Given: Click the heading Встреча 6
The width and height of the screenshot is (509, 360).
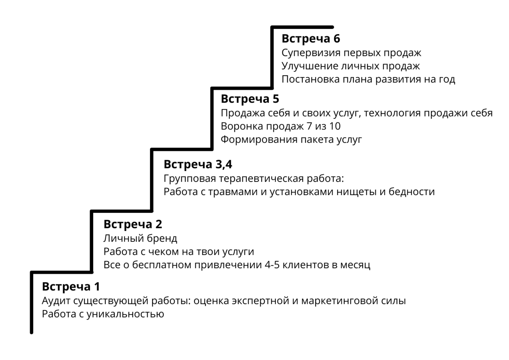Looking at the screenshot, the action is tap(311, 38).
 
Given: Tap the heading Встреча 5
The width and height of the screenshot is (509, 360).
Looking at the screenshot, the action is tap(250, 99).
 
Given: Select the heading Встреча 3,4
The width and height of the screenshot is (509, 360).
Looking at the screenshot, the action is tap(198, 164).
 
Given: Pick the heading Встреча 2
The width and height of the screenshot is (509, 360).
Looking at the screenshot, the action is tap(133, 224).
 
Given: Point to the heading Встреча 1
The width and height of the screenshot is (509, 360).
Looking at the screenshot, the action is tap(71, 286).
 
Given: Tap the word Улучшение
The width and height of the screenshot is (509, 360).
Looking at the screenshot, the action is tap(309, 66).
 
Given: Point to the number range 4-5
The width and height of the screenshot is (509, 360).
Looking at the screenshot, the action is tap(272, 265).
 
